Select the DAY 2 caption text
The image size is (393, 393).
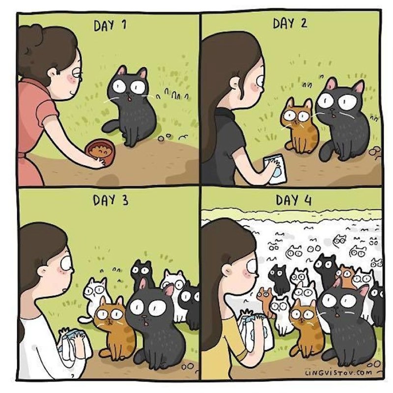(290, 23)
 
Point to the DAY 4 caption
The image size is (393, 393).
(293, 200)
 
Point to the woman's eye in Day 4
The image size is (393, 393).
(252, 266)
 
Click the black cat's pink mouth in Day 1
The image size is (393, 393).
(129, 100)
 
